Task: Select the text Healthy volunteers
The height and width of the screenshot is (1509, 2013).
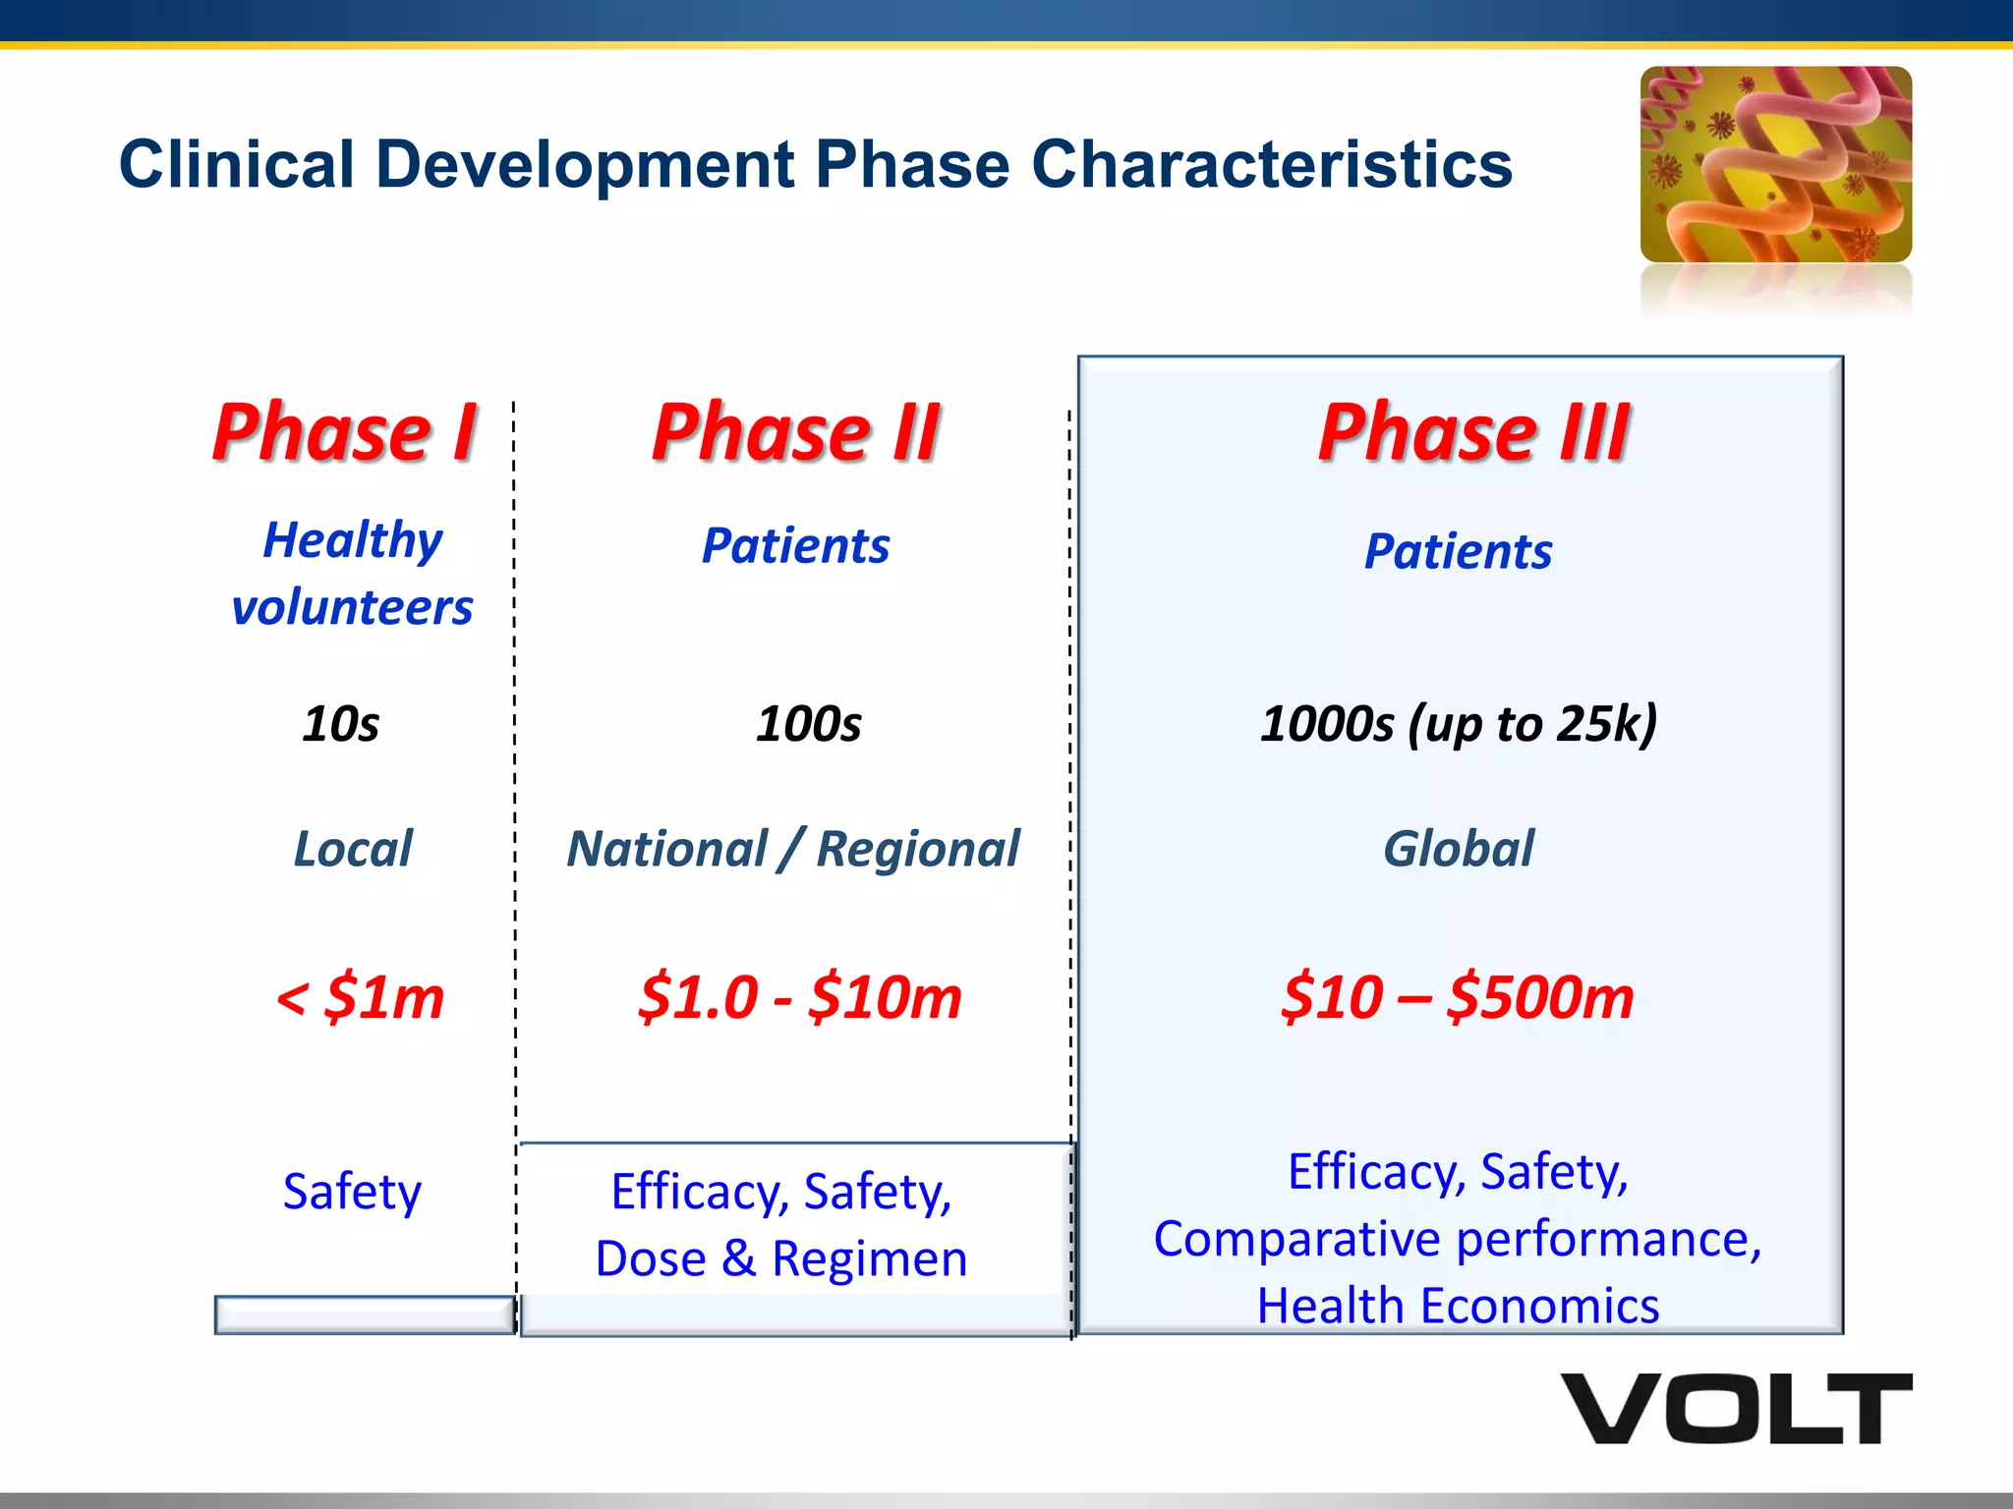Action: [352, 573]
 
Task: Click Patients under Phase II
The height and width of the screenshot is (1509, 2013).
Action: [795, 546]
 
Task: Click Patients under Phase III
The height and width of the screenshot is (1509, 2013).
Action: [1459, 551]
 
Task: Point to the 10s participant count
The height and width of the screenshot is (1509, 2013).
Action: [340, 724]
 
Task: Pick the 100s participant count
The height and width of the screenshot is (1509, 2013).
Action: [808, 724]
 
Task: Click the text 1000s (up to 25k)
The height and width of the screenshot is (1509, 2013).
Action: [1459, 724]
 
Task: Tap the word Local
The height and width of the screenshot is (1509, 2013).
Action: [353, 849]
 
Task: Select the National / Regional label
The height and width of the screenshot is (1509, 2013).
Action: [793, 849]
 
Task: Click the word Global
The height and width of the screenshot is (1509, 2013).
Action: [1459, 849]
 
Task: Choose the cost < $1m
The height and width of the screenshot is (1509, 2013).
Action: [360, 997]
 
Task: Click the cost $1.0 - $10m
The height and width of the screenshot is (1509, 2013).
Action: [799, 997]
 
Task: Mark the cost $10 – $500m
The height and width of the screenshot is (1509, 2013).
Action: [1458, 997]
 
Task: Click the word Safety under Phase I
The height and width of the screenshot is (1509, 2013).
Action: [352, 1192]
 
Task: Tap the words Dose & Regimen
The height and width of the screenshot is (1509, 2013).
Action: [781, 1258]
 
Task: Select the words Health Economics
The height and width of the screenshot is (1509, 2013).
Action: [1459, 1306]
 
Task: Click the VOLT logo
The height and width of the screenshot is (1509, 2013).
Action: [1737, 1408]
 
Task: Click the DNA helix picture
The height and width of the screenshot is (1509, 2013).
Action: [1775, 164]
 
